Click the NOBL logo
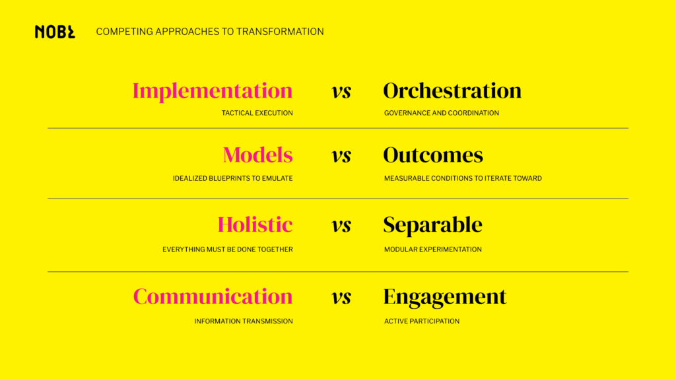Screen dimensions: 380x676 point(55,32)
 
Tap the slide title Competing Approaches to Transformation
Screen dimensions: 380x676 point(210,32)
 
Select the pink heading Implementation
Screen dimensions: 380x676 point(213,91)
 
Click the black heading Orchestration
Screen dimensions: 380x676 point(452,91)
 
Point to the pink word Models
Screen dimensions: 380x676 point(257,155)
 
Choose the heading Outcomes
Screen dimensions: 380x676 point(433,155)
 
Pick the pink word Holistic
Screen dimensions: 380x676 point(255,225)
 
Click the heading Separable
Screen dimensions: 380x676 point(432,225)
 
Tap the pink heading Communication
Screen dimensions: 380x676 point(213,297)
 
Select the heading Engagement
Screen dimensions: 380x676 point(445,297)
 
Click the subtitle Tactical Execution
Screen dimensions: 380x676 point(257,113)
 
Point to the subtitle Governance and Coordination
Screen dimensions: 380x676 point(442,113)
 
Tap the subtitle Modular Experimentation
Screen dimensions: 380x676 point(433,249)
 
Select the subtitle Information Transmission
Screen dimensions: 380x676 point(243,321)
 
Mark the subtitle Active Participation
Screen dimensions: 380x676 point(422,321)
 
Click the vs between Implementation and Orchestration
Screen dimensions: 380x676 point(341,92)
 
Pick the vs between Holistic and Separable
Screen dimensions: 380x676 point(341,226)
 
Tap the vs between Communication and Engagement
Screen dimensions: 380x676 point(341,298)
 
